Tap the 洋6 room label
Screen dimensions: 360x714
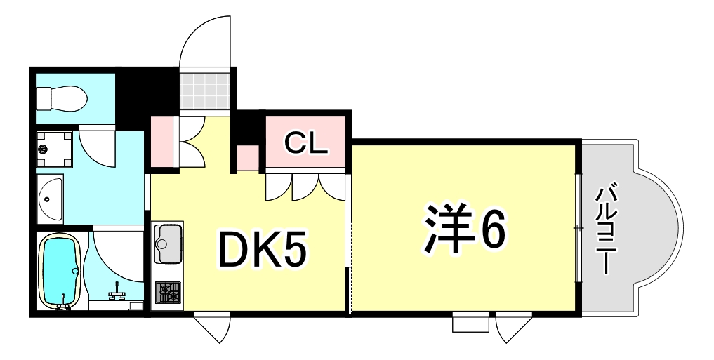(463, 229)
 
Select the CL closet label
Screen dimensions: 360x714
(306, 144)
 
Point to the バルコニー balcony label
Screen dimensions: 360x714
(605, 228)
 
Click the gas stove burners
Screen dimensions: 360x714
(167, 292)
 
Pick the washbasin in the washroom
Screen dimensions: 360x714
(50, 197)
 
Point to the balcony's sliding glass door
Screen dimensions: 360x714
(579, 228)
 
